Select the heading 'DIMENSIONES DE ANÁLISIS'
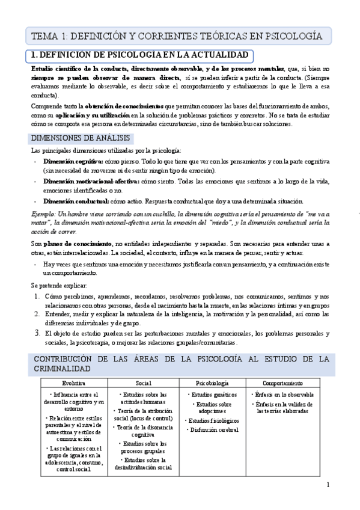(81, 138)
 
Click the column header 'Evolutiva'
(74, 383)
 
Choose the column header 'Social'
(144, 383)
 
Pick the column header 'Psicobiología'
(212, 383)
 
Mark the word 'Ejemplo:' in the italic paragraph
(44, 214)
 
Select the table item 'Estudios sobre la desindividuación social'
(144, 463)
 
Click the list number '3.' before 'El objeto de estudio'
(35, 331)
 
